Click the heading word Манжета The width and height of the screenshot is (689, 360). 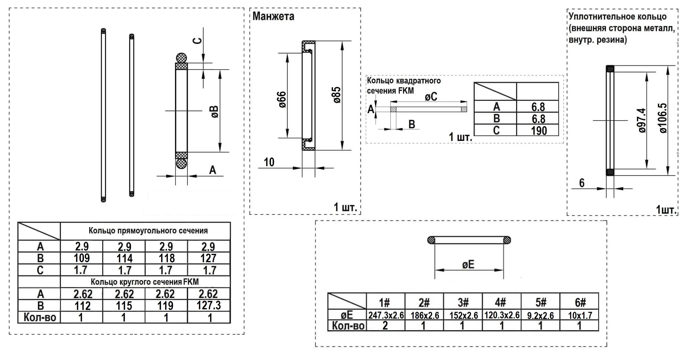pos(273,16)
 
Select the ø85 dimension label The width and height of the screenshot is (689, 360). pos(337,95)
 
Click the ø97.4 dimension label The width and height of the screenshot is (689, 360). pos(642,120)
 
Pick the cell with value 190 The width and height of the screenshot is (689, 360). pos(538,131)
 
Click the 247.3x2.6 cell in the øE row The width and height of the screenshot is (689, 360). pos(386,315)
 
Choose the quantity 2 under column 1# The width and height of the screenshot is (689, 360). pos(385,326)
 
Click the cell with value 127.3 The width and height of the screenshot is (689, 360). pos(209,305)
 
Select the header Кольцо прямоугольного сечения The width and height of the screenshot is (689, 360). pos(148,231)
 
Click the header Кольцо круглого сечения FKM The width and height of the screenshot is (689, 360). pos(145,282)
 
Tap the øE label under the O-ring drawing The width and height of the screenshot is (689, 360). pos(468,265)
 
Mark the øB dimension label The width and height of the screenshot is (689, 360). pos(214,112)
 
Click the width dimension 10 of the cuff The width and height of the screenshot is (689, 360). pos(269,162)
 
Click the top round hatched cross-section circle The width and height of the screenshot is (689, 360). pos(181,58)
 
